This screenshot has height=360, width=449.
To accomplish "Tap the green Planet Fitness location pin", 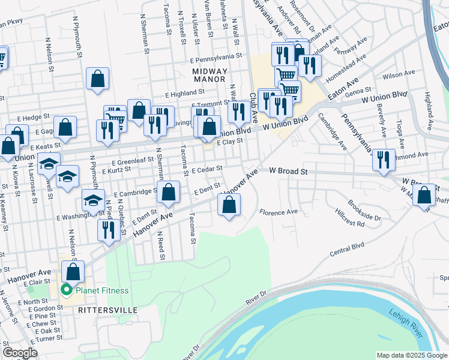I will (x=67, y=292).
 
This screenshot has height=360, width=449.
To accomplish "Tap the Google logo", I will (x=20, y=353).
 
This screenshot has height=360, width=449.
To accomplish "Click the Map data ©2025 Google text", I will (x=411, y=355).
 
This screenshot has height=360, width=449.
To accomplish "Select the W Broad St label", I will (x=288, y=172).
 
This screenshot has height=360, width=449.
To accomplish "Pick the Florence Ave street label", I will (x=279, y=212).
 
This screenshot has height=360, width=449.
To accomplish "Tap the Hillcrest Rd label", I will (x=350, y=223).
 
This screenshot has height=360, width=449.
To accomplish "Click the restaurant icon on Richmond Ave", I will (x=384, y=160).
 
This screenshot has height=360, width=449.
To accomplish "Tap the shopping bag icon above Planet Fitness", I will (x=73, y=271).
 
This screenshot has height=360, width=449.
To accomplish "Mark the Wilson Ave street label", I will (x=403, y=75).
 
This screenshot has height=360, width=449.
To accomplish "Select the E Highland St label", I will (x=187, y=94).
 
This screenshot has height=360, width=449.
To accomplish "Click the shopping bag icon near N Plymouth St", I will (x=97, y=78).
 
